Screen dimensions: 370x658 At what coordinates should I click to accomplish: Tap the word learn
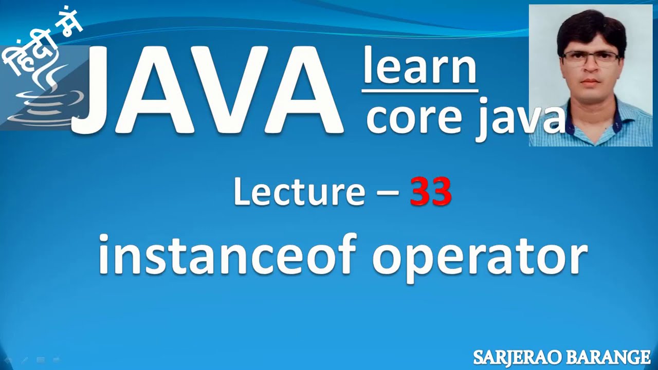point(419,67)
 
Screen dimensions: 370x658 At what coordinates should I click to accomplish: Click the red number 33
point(431,192)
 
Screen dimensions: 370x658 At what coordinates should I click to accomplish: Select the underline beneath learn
point(419,91)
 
